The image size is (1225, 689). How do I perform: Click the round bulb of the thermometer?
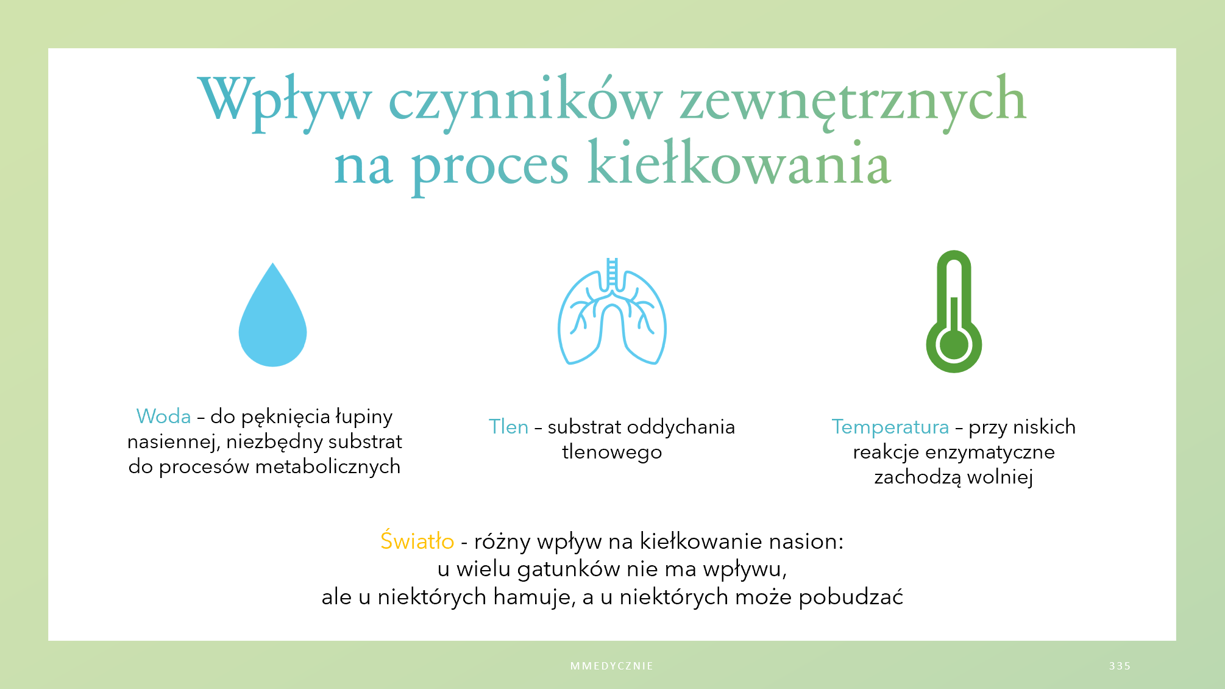click(954, 344)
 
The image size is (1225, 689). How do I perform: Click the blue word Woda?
click(163, 416)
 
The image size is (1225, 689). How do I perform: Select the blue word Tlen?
click(508, 427)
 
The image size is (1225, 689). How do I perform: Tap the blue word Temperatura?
click(890, 427)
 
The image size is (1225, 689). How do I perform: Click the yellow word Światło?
click(417, 541)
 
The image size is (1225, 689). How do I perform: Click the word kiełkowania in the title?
click(739, 162)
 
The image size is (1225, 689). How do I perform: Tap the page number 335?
click(1120, 666)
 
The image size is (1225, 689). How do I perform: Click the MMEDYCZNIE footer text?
click(612, 666)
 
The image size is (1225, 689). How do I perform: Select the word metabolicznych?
click(328, 466)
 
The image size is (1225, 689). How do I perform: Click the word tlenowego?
click(612, 452)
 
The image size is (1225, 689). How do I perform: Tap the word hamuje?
click(534, 597)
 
